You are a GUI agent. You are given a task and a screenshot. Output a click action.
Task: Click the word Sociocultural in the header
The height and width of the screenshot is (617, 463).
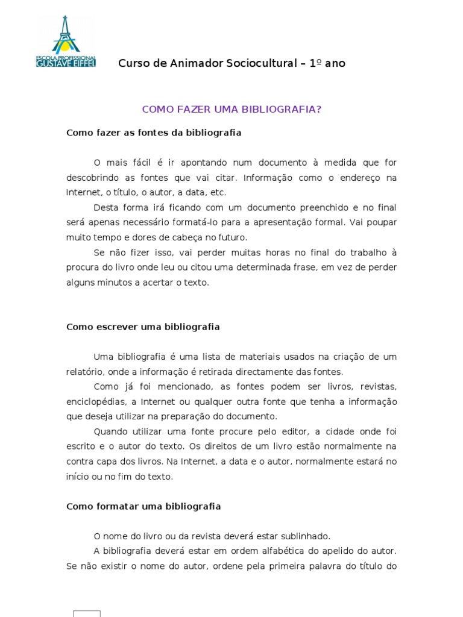265,63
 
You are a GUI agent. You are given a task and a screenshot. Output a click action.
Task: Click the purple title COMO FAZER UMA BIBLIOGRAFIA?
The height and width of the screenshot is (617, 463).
231,109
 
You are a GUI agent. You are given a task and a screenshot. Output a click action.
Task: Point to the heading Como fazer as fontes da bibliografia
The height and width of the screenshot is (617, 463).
154,133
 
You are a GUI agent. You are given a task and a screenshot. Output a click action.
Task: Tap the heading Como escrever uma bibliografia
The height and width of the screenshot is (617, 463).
143,327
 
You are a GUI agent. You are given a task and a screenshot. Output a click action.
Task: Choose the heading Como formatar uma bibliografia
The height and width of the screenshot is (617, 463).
143,506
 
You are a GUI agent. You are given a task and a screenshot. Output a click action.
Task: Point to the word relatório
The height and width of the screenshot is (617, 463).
83,372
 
